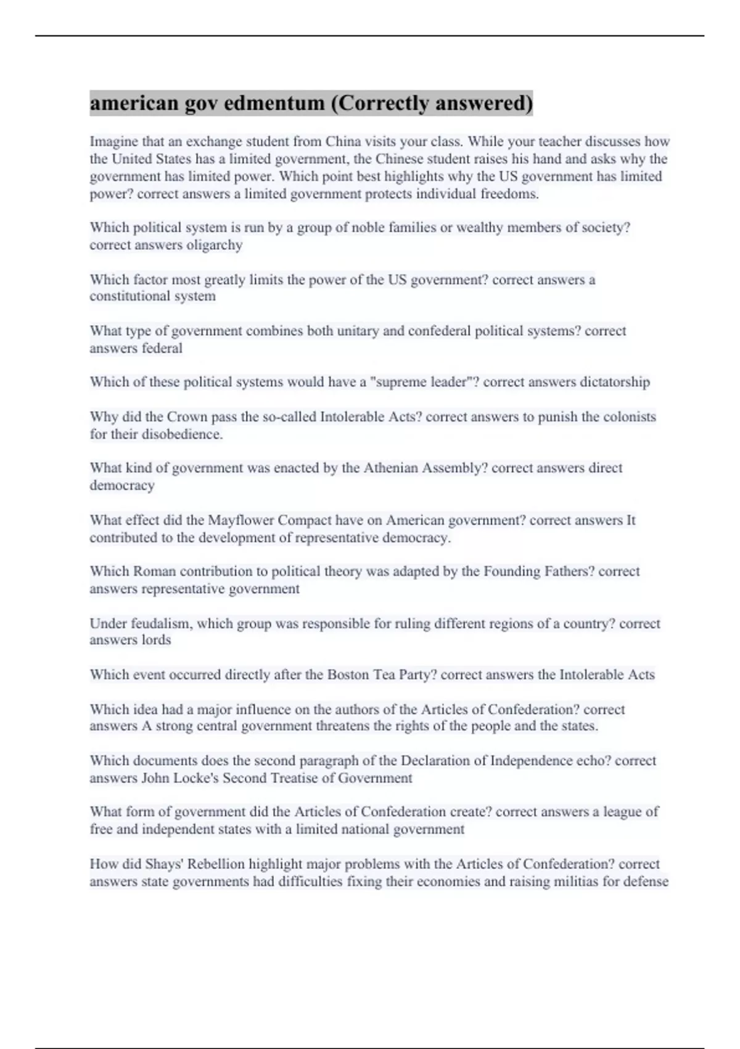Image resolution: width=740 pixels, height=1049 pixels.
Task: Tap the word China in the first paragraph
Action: point(343,141)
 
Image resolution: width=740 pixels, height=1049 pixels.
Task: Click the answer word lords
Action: point(157,640)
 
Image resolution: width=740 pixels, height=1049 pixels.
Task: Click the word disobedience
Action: point(182,434)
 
